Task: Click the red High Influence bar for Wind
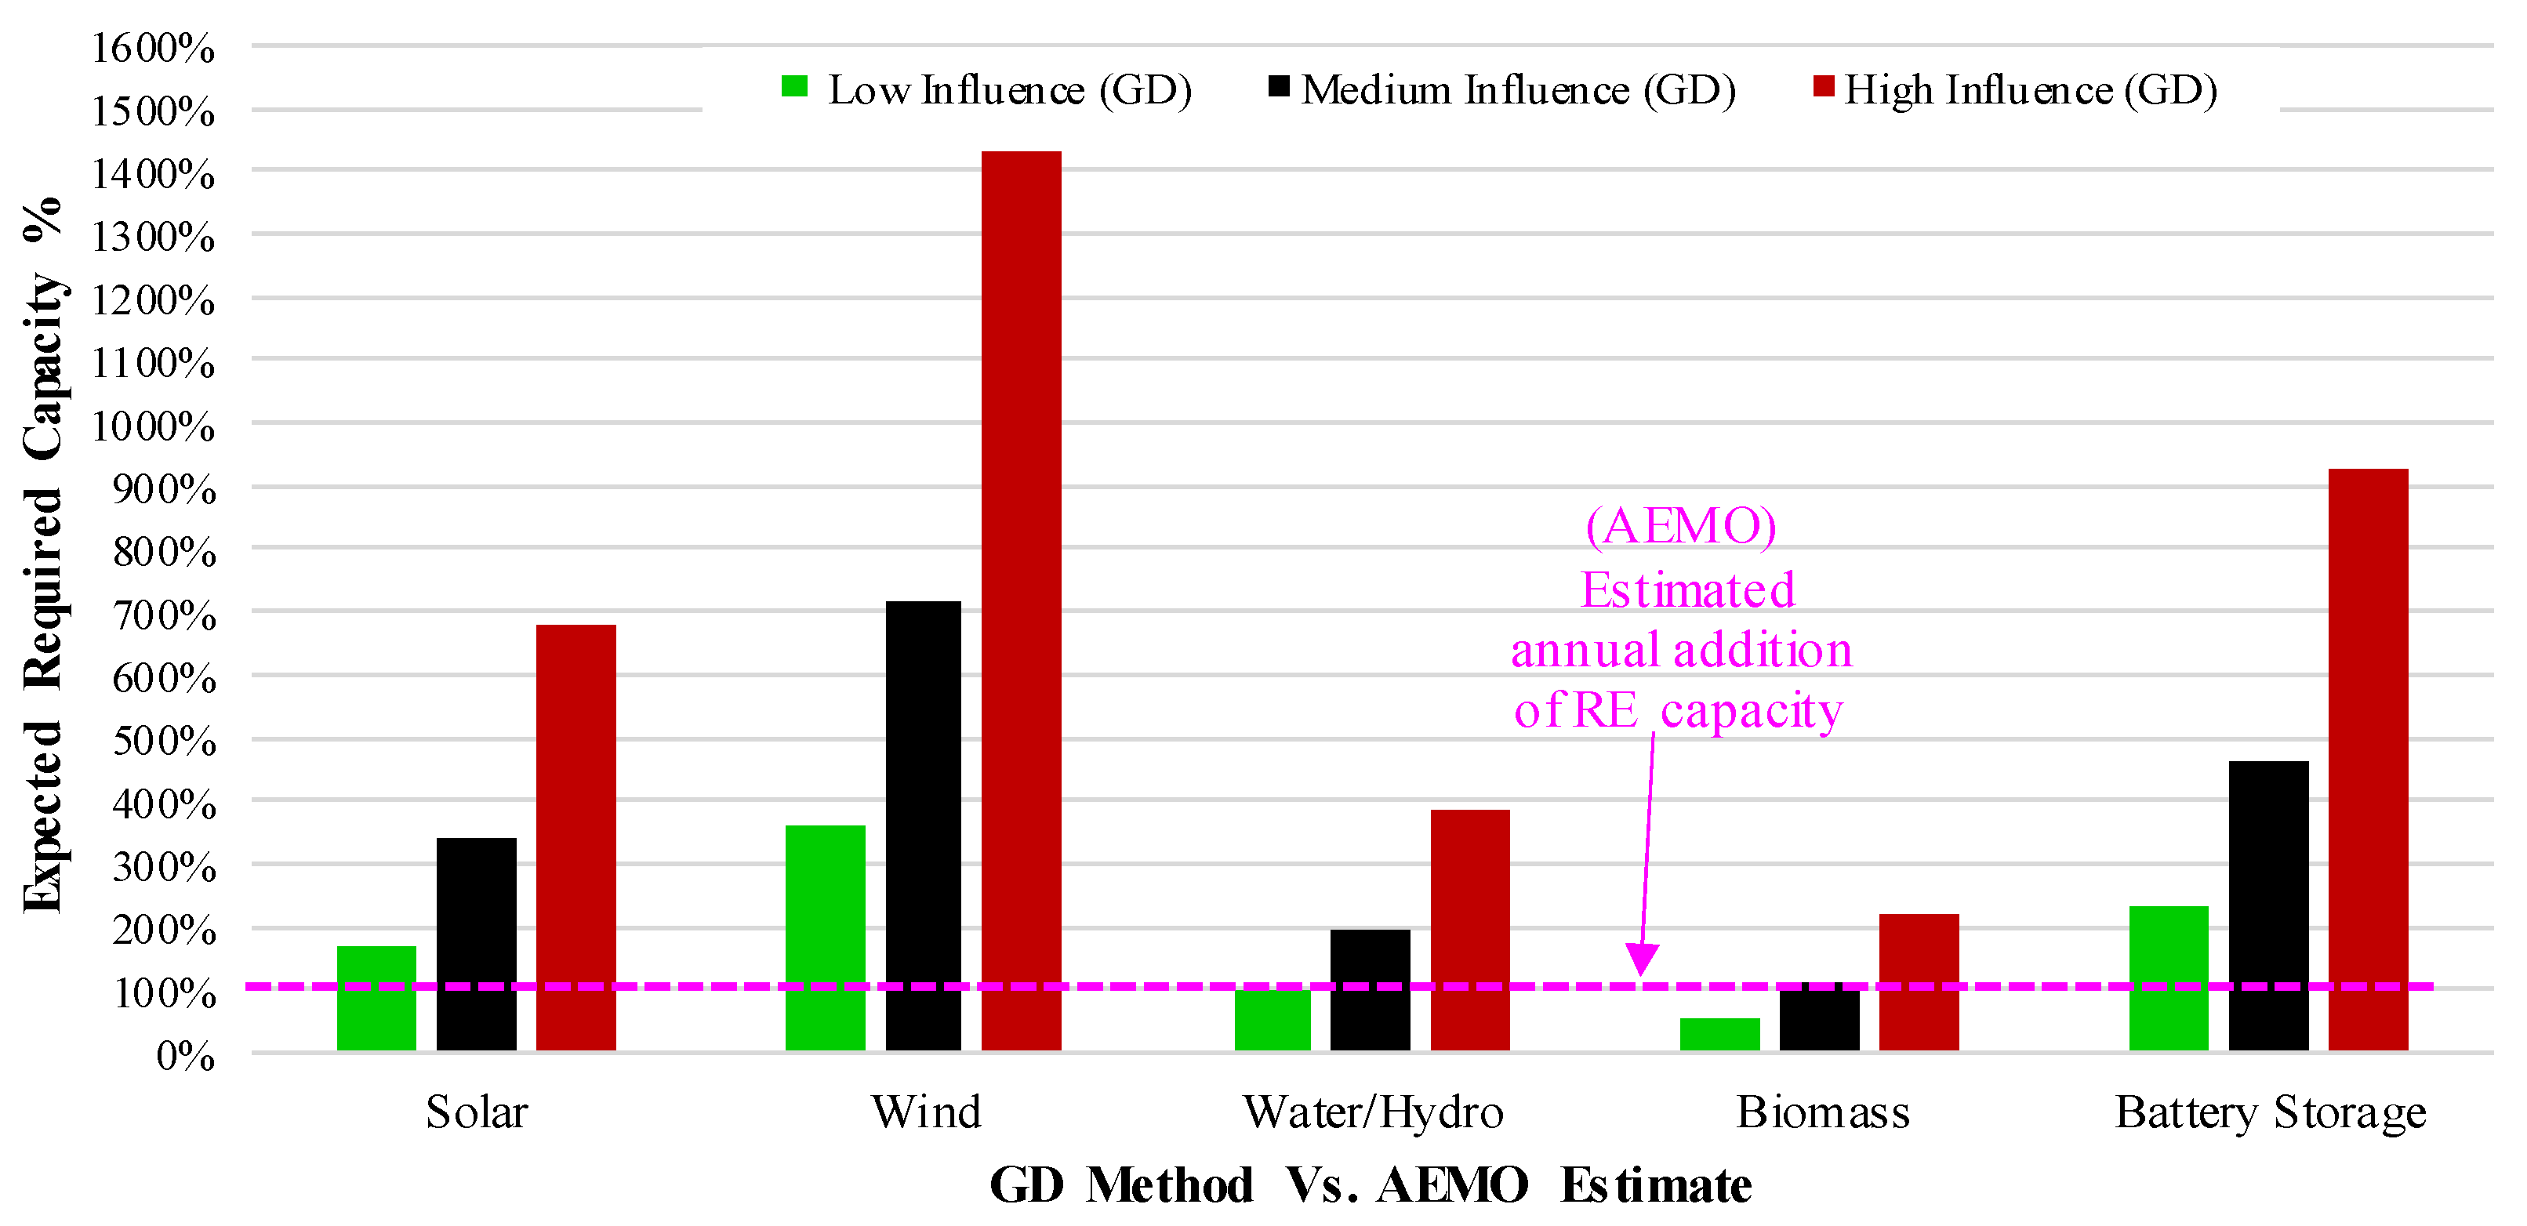(x=1021, y=601)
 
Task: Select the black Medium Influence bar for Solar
(x=477, y=945)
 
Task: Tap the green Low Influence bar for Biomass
(x=1719, y=1035)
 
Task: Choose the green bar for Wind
(x=826, y=938)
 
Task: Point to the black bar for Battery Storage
(x=2269, y=906)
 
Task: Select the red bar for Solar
(x=575, y=838)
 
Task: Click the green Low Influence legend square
(x=794, y=86)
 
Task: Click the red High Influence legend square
(x=1824, y=86)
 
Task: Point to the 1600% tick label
(x=153, y=47)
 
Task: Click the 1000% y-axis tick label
(x=153, y=426)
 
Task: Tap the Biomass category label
(x=1823, y=1112)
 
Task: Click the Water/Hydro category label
(x=1374, y=1113)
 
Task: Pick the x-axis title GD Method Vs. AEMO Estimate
(x=1371, y=1184)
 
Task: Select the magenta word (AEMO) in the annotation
(x=1681, y=527)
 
